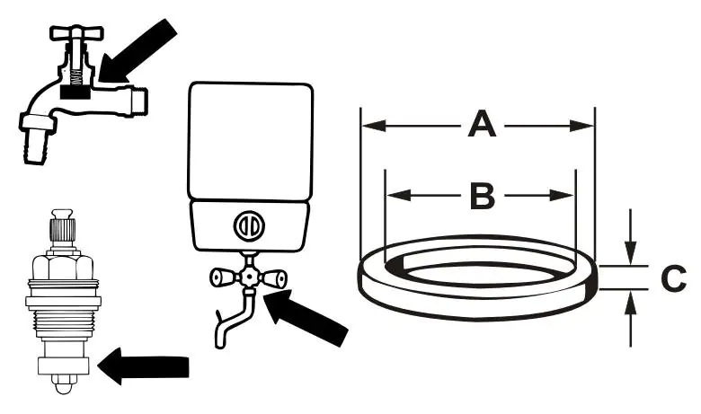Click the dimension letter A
click(483, 125)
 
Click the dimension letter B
click(483, 195)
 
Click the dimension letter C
click(673, 279)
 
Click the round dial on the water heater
click(248, 225)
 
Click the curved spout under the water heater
click(228, 319)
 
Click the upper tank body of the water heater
click(249, 139)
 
